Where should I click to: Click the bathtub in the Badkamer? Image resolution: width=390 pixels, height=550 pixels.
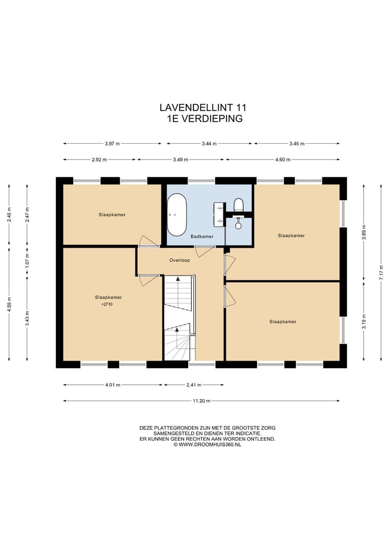coord(177,215)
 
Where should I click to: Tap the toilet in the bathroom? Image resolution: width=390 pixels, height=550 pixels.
coord(238,204)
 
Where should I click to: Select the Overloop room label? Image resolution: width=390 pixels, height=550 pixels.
coord(179,260)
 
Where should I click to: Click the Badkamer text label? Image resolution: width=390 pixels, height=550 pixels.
coord(202,236)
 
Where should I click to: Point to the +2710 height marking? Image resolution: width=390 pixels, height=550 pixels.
coord(107,304)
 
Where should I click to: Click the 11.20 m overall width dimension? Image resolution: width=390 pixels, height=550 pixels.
coord(201,401)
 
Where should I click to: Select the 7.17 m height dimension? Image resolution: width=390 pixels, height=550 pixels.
coord(381,272)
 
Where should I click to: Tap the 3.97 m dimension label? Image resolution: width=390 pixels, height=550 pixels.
coord(112,143)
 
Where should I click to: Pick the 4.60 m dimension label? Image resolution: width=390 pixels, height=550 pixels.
coord(283,160)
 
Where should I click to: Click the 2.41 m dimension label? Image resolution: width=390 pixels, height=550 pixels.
coord(193,385)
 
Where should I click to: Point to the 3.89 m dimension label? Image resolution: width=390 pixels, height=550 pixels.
coord(364,232)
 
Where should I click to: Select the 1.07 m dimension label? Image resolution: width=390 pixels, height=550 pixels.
coord(28,261)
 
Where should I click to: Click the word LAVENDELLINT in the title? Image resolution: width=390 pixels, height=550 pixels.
coord(197,107)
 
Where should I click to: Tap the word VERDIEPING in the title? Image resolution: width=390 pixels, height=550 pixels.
coord(211,118)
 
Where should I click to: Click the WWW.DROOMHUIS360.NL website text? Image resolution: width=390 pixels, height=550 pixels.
coord(210,445)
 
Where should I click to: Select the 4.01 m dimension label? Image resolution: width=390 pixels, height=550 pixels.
coord(113,385)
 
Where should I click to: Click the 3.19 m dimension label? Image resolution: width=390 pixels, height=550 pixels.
coord(364,321)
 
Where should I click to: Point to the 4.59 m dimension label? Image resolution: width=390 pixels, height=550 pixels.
coord(10,304)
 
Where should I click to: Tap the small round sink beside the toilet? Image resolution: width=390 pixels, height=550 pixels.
coord(238,225)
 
